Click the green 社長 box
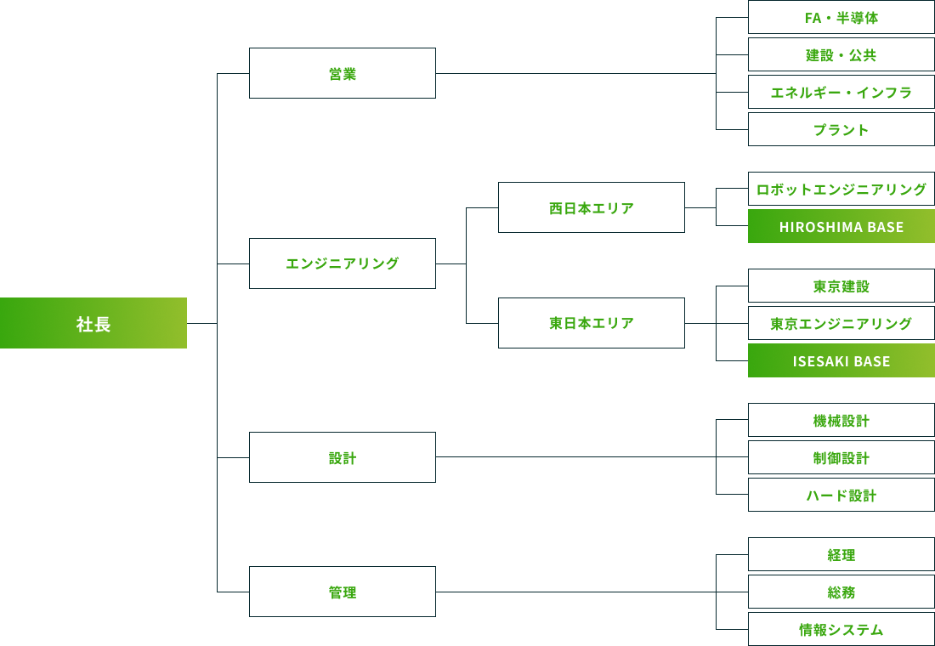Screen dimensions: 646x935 coord(93,323)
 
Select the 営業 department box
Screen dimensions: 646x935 coord(343,73)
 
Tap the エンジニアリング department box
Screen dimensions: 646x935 coord(343,263)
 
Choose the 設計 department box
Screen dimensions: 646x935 coord(343,457)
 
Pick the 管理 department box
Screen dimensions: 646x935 coord(343,592)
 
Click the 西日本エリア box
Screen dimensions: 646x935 coord(592,207)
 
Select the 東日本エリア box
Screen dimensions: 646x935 coord(592,323)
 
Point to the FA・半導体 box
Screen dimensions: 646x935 coord(841,18)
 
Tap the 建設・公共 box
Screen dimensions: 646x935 coord(841,55)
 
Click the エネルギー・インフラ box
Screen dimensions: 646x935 coord(841,92)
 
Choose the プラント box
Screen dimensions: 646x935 coord(841,129)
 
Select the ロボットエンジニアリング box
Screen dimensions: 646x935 coord(841,189)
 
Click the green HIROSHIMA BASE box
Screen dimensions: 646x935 coord(841,226)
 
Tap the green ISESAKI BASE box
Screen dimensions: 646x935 coord(841,360)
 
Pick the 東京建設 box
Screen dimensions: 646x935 coord(841,286)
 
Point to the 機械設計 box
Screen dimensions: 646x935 coord(841,421)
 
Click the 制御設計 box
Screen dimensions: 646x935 coord(841,457)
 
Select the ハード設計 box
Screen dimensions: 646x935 coord(841,495)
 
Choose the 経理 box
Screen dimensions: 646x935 coord(841,554)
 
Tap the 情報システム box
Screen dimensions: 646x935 coord(841,629)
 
